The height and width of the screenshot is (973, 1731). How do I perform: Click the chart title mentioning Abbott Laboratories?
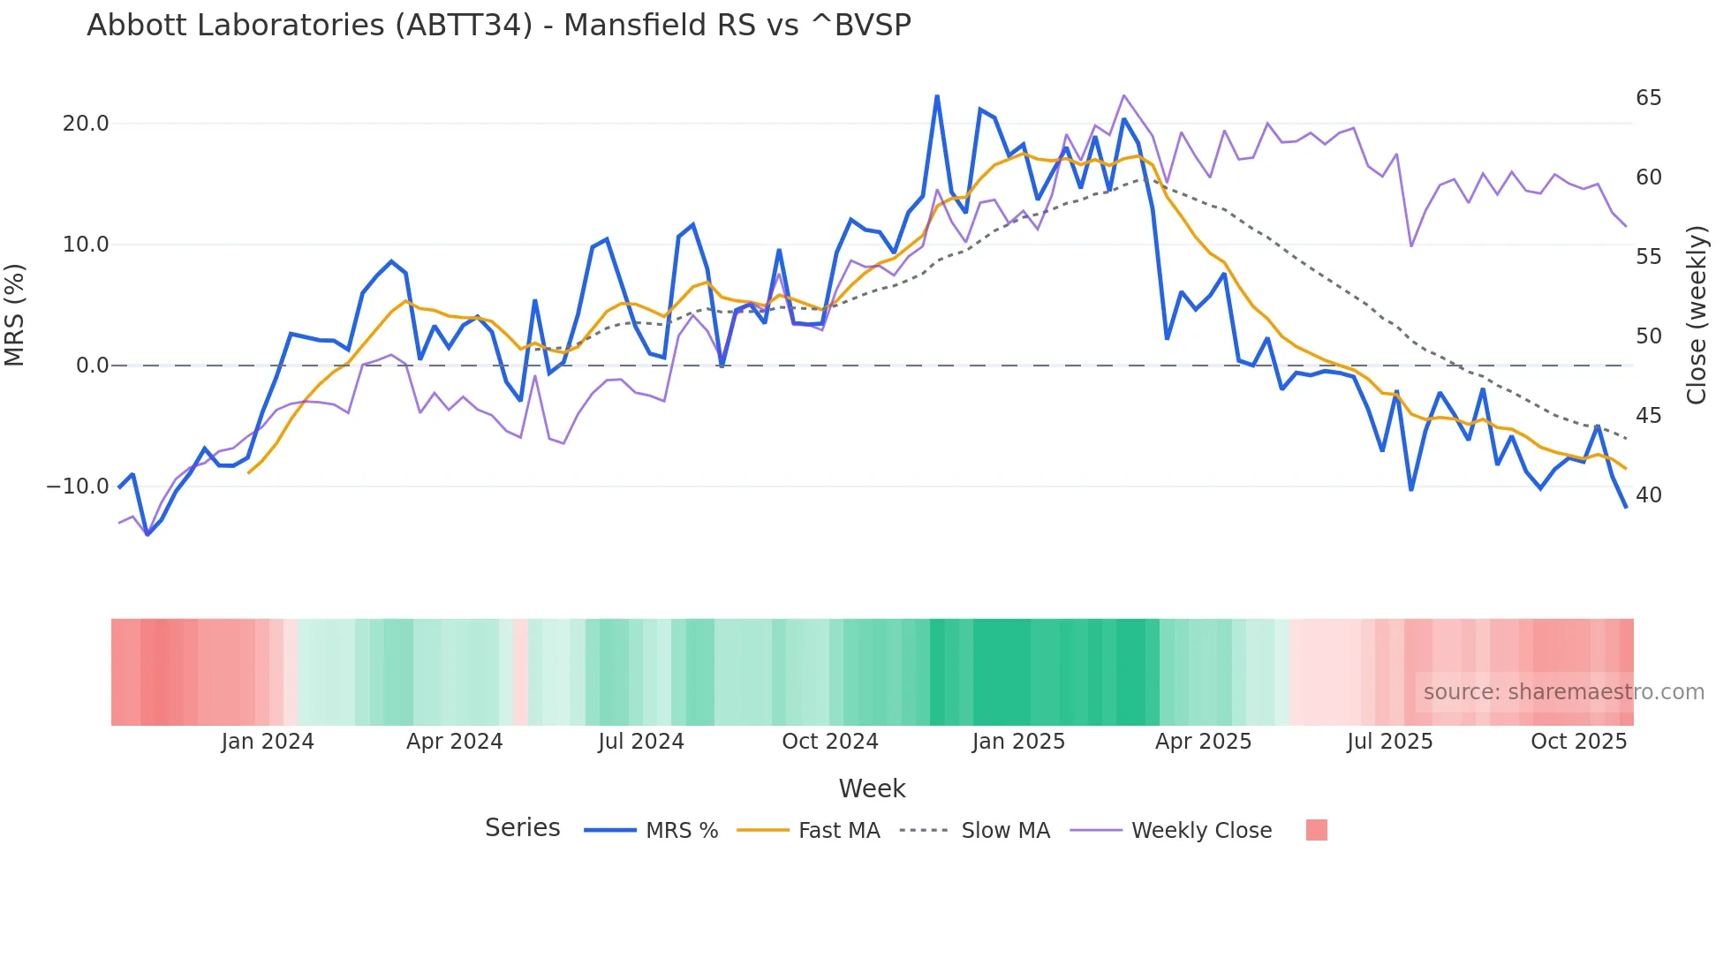pos(499,26)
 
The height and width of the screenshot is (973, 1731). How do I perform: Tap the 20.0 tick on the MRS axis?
pos(86,124)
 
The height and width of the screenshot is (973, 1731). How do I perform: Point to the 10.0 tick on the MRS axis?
pos(86,245)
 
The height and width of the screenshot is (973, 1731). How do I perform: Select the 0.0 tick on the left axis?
pos(93,366)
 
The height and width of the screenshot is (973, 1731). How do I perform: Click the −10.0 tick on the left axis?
pos(78,486)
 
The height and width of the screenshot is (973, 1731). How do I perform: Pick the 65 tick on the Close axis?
pos(1648,98)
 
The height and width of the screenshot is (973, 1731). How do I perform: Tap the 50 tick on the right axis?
pos(1648,336)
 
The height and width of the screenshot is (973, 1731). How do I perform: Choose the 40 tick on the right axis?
pos(1648,495)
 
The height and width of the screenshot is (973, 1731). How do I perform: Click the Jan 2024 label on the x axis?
pos(268,742)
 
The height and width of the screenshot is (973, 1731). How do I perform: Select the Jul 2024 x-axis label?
pos(641,742)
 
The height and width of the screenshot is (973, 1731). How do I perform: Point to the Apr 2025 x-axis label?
pos(1203,742)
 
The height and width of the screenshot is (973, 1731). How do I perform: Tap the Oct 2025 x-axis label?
pos(1578,742)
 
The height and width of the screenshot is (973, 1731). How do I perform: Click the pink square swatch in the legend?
pos(1317,830)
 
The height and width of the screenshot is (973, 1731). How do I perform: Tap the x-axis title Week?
pos(872,788)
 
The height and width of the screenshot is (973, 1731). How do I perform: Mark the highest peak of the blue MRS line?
pos(937,96)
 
